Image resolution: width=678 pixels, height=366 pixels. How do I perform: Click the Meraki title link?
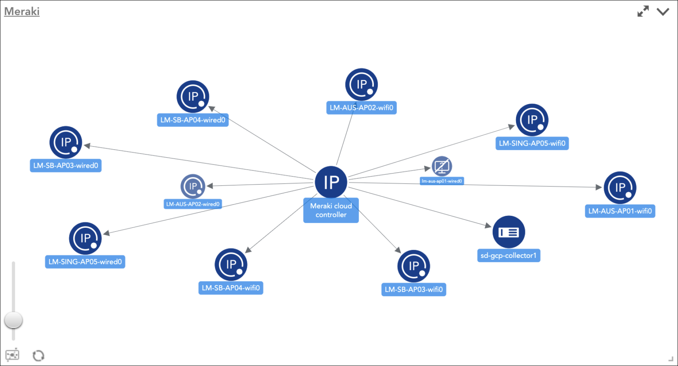point(22,11)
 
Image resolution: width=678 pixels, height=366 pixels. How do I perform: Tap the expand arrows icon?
point(643,11)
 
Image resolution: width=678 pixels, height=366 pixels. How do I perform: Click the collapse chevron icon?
point(663,11)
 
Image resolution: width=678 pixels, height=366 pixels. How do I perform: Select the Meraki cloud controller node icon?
point(331,182)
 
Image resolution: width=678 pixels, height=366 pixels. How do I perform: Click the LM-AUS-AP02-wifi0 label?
point(361,108)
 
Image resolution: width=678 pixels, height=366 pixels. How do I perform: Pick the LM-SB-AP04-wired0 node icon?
point(193,96)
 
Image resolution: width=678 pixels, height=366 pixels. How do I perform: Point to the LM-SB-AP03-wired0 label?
point(66,166)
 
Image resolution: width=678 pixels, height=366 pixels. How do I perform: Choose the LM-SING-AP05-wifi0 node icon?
point(532,120)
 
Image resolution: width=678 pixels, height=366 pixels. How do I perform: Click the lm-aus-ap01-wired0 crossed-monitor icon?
point(441,166)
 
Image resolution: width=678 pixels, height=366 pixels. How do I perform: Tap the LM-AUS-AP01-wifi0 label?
point(620,211)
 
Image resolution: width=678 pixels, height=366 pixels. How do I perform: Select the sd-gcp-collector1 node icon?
point(508,232)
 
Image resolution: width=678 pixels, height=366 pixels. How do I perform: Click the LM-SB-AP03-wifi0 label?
point(414,290)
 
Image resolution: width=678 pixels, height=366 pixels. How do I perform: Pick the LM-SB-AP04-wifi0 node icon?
point(231,264)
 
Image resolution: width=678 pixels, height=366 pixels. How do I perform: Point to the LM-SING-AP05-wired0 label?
point(85,262)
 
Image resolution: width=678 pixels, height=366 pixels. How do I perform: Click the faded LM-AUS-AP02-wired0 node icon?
point(193,186)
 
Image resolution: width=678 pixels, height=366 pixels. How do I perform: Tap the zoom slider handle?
point(13,320)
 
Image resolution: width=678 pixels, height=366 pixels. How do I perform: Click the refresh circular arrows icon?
point(38,355)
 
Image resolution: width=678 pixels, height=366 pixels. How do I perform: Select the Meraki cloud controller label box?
point(331,211)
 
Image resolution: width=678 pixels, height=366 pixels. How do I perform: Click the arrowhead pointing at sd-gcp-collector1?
point(488,226)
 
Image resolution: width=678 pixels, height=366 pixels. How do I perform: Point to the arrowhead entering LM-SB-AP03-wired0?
point(87,145)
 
